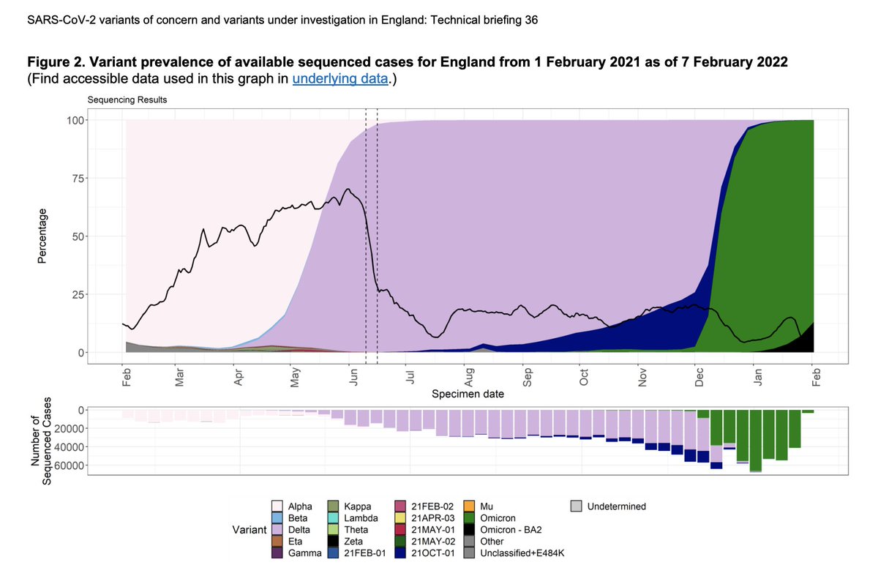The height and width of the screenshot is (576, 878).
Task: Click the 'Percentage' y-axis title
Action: [x=42, y=236]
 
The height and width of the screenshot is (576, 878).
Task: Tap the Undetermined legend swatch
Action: [x=577, y=506]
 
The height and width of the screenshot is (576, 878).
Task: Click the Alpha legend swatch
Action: [x=277, y=506]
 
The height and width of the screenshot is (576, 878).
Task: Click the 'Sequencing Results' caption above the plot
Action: [x=127, y=100]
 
